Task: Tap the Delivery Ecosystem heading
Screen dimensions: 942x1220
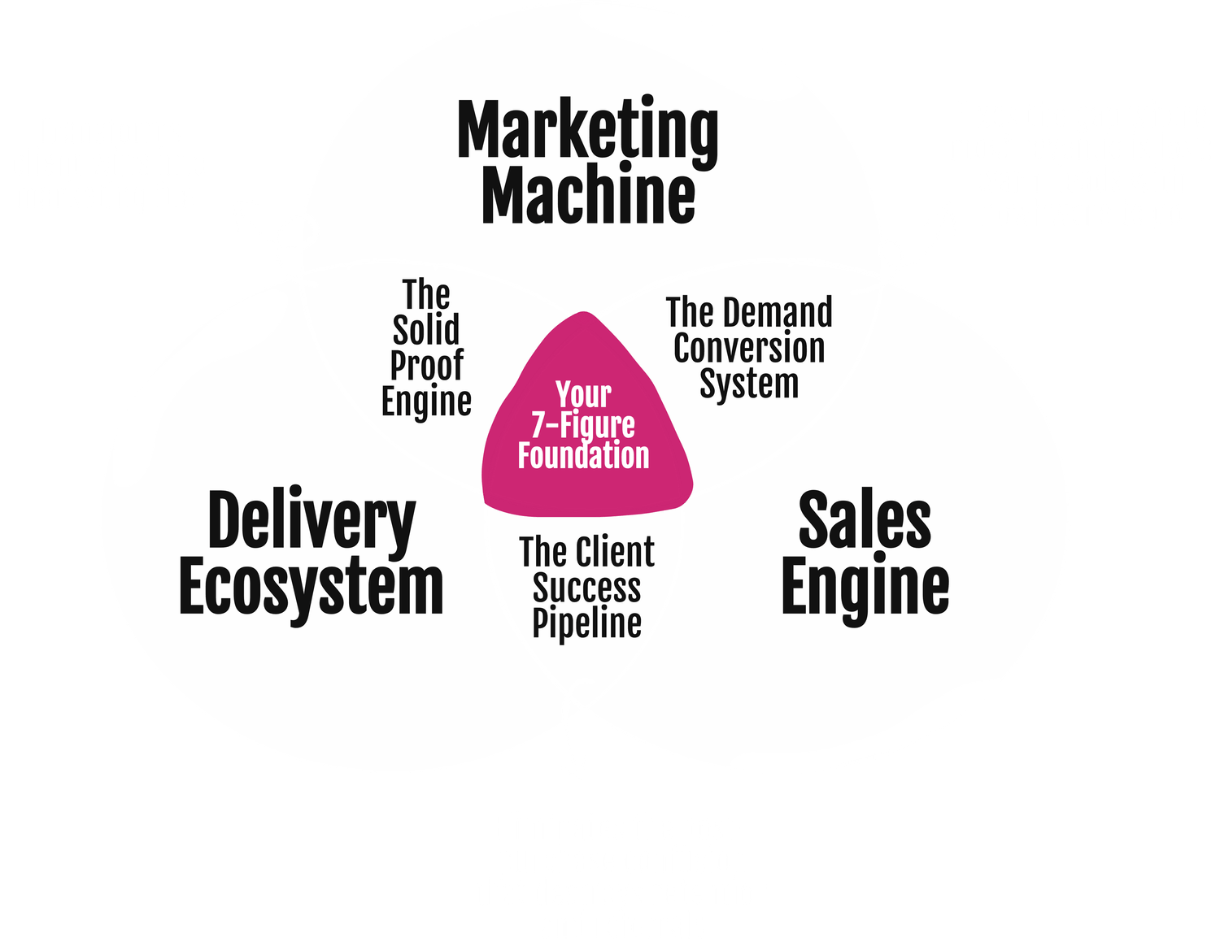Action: (x=311, y=553)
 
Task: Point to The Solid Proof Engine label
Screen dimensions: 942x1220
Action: (x=426, y=348)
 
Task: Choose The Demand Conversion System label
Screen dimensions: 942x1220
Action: (x=749, y=348)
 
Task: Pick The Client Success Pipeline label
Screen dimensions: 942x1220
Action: (x=586, y=588)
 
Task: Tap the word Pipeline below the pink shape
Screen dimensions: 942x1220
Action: (x=586, y=624)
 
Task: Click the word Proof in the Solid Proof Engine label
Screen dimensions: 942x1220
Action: (x=426, y=366)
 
